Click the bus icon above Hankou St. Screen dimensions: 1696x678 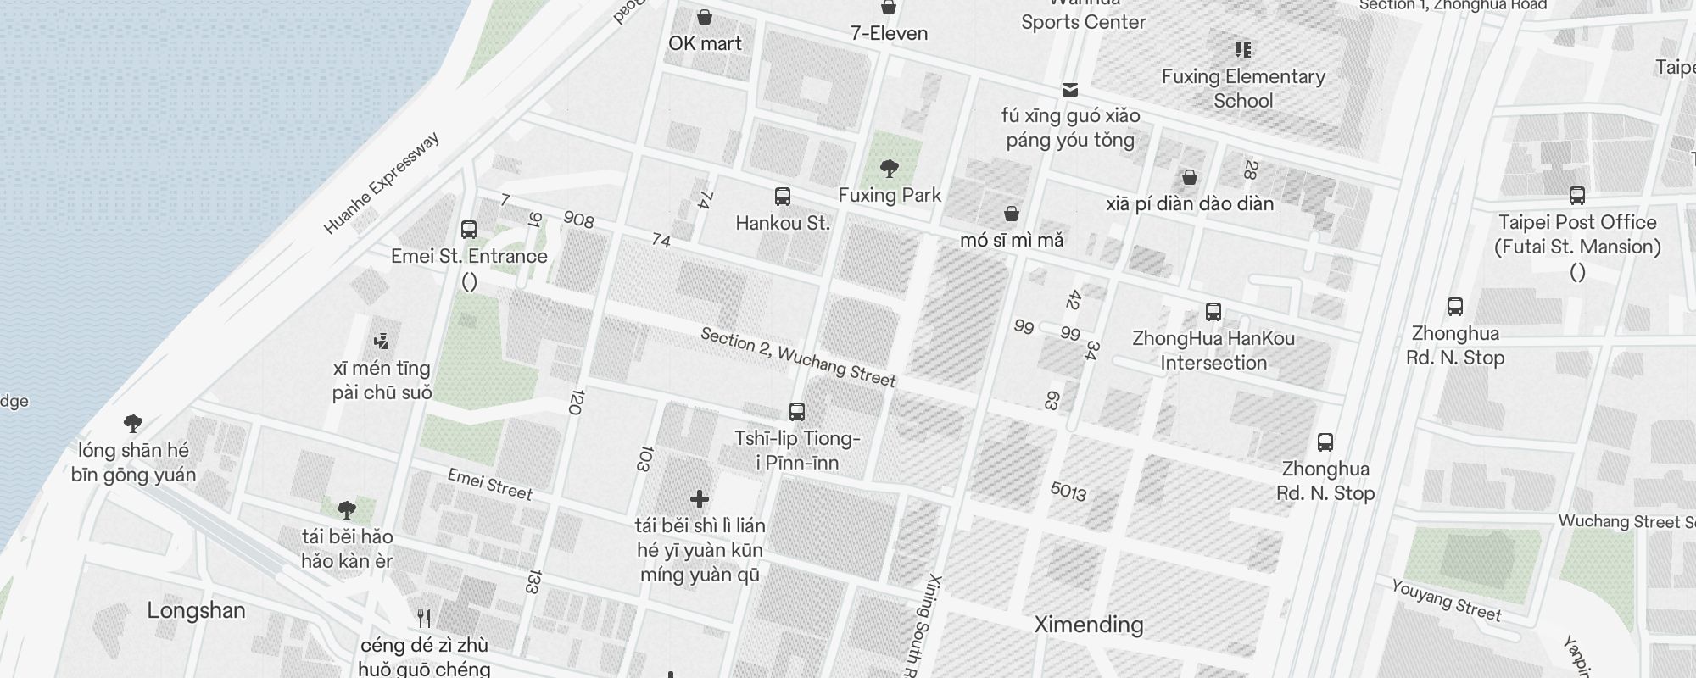(x=783, y=197)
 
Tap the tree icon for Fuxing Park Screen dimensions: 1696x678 (x=889, y=168)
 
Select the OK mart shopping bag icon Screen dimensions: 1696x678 (x=704, y=17)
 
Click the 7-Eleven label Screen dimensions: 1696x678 (x=889, y=33)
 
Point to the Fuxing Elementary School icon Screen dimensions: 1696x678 (x=1242, y=49)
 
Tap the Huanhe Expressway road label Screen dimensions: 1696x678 (x=382, y=183)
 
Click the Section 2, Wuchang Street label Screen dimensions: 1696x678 (x=797, y=357)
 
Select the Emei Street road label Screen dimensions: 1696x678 (x=489, y=484)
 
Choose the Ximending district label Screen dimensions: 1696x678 (x=1089, y=625)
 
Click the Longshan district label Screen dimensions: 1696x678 (x=196, y=610)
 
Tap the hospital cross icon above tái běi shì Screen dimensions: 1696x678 (x=699, y=498)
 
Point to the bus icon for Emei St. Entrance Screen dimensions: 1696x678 (x=468, y=229)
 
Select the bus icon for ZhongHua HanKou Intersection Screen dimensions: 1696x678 (x=1213, y=311)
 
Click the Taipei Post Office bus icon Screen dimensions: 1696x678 (x=1576, y=196)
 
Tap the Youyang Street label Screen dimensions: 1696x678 (x=1446, y=599)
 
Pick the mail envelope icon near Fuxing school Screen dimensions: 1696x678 (x=1070, y=89)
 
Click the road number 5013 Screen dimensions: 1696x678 (x=1068, y=491)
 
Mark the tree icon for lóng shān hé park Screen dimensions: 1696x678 (x=132, y=423)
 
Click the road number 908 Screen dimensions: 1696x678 (x=578, y=220)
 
